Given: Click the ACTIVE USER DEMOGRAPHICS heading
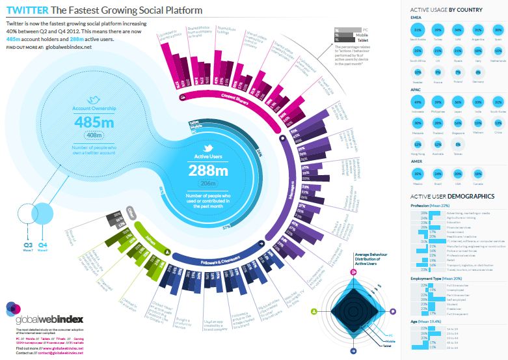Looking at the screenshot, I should point(448,196).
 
